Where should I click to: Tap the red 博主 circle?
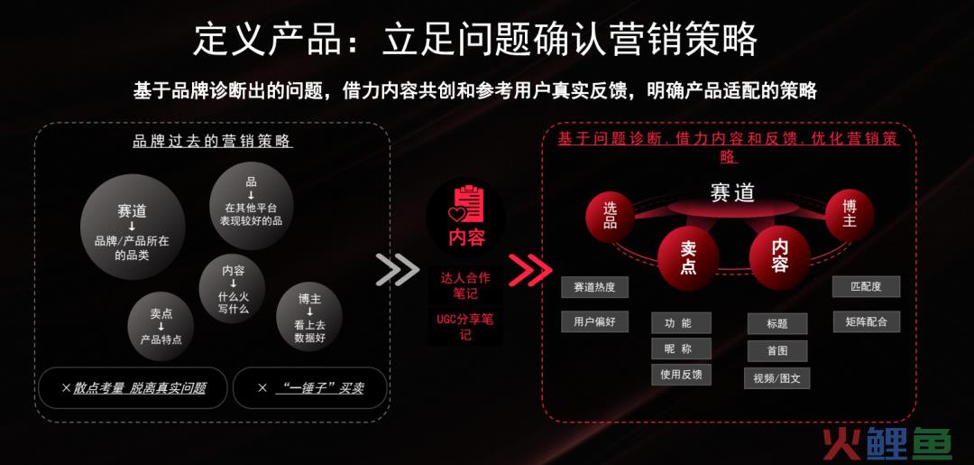click(x=850, y=215)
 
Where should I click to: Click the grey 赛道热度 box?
click(x=594, y=287)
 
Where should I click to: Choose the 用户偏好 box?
click(x=594, y=321)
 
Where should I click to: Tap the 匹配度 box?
click(x=866, y=286)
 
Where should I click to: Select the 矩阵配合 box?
click(x=866, y=321)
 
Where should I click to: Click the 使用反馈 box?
click(x=681, y=374)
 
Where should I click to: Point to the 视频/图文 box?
click(x=776, y=378)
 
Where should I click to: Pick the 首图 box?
click(x=777, y=350)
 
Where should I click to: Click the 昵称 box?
click(x=681, y=349)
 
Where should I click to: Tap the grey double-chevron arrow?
click(x=398, y=270)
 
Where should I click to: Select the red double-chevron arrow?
click(x=530, y=270)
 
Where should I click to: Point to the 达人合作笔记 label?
click(x=465, y=285)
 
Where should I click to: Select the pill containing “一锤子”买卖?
click(x=310, y=388)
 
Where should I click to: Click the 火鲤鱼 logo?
click(x=887, y=443)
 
